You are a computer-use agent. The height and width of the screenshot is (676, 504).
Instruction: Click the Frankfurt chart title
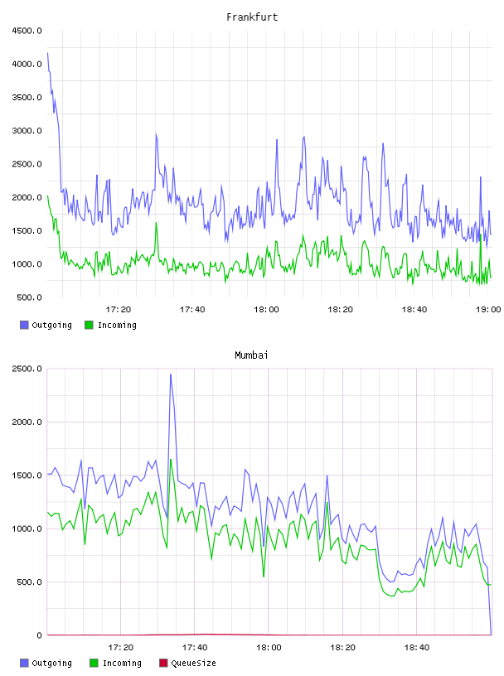tap(252, 17)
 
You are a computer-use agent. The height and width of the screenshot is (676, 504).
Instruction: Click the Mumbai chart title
tap(251, 355)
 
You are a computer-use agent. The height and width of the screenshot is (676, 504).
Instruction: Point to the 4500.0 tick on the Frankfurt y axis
tap(27, 31)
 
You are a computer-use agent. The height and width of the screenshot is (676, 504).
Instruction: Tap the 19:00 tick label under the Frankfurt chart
tap(488, 309)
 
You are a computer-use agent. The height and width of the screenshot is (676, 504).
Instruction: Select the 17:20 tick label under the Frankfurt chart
tap(119, 309)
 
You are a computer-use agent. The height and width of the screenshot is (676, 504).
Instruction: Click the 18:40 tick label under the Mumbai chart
tap(417, 647)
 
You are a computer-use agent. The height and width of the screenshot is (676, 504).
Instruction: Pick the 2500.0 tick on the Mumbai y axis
tap(27, 369)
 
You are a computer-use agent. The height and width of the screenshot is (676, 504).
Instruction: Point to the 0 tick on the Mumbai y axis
tap(39, 635)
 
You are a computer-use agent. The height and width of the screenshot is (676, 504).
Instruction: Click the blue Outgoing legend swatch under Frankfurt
tap(24, 325)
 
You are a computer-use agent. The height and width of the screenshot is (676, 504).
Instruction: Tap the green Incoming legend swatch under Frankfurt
tap(89, 325)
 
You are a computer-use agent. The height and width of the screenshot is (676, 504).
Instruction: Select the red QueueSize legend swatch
tap(163, 663)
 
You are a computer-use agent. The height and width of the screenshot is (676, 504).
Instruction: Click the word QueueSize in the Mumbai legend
tap(193, 663)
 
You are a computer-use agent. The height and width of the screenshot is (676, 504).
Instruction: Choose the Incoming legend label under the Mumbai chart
tap(122, 663)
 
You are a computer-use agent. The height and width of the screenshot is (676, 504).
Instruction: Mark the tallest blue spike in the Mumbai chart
tap(171, 374)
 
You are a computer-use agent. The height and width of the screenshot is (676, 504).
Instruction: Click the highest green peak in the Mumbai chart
tap(171, 460)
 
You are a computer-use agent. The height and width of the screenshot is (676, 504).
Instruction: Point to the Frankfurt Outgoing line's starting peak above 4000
tap(48, 53)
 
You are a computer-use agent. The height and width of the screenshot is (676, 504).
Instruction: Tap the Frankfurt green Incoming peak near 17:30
tap(156, 223)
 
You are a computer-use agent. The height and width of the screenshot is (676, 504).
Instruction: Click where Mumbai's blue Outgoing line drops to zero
tap(491, 635)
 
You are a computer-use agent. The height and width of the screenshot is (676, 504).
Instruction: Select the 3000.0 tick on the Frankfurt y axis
tap(27, 131)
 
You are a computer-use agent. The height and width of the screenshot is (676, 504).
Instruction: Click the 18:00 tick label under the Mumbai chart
tap(269, 647)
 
